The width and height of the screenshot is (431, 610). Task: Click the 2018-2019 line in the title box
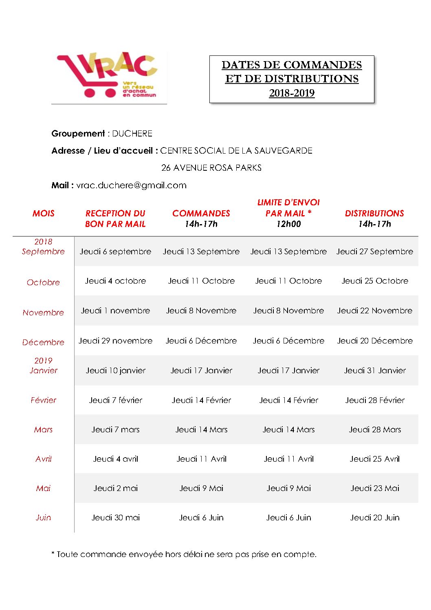click(292, 93)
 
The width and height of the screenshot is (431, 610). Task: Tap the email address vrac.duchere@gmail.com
click(131, 185)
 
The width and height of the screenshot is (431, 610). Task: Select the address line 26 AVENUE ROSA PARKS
click(211, 168)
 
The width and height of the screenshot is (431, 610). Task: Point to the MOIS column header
click(43, 214)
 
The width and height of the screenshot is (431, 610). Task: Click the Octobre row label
click(43, 282)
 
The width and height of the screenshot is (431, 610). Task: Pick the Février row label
click(43, 400)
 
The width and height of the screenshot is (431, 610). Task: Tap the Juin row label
click(43, 518)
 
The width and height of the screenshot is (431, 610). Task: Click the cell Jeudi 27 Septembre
click(375, 251)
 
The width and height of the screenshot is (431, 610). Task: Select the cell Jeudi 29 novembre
click(115, 341)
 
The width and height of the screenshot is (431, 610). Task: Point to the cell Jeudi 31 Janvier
click(375, 370)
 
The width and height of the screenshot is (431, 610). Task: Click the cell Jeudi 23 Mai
click(375, 488)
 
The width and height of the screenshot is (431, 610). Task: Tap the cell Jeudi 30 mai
click(115, 518)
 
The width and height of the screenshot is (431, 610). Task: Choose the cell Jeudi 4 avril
click(115, 459)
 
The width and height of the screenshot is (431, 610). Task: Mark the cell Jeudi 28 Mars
click(375, 429)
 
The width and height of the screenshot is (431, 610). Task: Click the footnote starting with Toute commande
click(184, 554)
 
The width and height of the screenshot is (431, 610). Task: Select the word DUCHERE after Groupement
click(132, 134)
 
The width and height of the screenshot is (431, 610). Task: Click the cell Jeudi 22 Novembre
click(375, 311)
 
